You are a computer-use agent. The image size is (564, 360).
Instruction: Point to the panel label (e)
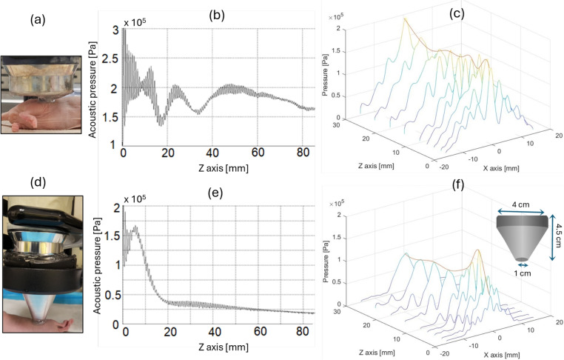click(220, 196)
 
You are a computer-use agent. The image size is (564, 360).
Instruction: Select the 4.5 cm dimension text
click(556, 236)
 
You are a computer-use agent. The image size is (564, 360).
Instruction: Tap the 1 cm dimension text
click(523, 273)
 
